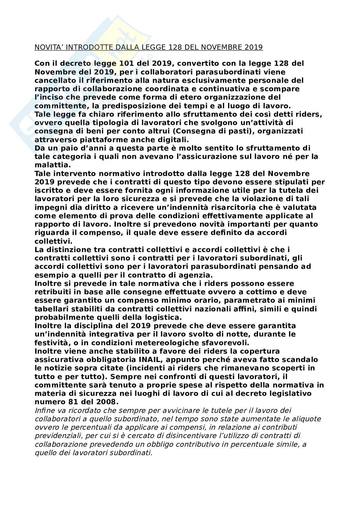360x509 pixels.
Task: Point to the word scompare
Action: [x=284, y=89]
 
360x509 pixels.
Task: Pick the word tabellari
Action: [x=51, y=309]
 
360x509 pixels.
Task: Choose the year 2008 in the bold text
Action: [x=106, y=402]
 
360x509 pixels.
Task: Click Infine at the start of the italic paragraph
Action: [x=44, y=410]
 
